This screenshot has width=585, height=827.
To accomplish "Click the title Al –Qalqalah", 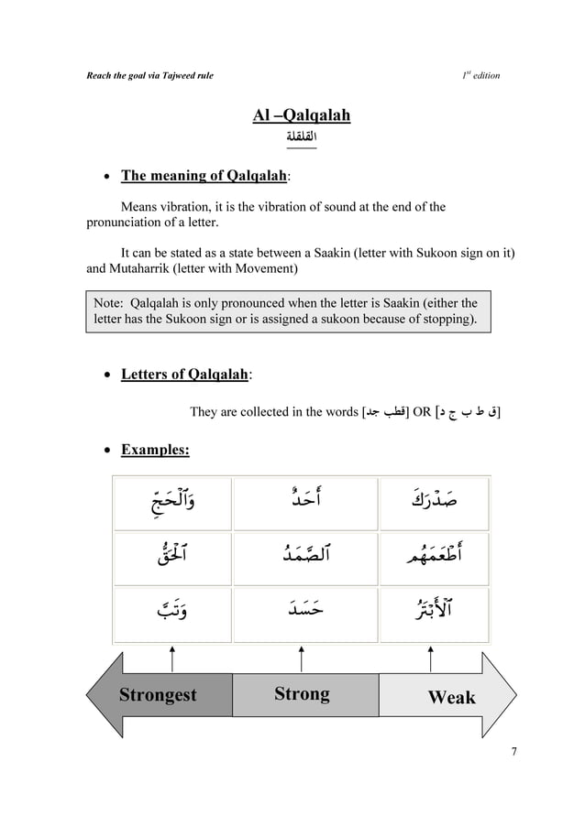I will click(301, 115).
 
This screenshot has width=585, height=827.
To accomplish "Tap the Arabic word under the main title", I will click(301, 138).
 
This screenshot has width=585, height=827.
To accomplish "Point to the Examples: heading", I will click(155, 450).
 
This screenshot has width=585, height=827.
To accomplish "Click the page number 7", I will click(514, 752).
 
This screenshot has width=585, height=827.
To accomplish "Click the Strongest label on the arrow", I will click(158, 695).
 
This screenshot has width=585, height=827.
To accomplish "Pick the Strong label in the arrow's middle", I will click(302, 693).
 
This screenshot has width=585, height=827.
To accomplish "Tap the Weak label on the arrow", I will click(451, 697).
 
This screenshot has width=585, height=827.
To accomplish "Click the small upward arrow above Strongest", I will click(172, 658).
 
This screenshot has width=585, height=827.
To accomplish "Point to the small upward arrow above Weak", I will click(431, 658).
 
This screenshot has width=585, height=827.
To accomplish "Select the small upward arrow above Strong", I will click(302, 658).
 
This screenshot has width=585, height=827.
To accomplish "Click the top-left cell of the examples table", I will click(171, 503).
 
